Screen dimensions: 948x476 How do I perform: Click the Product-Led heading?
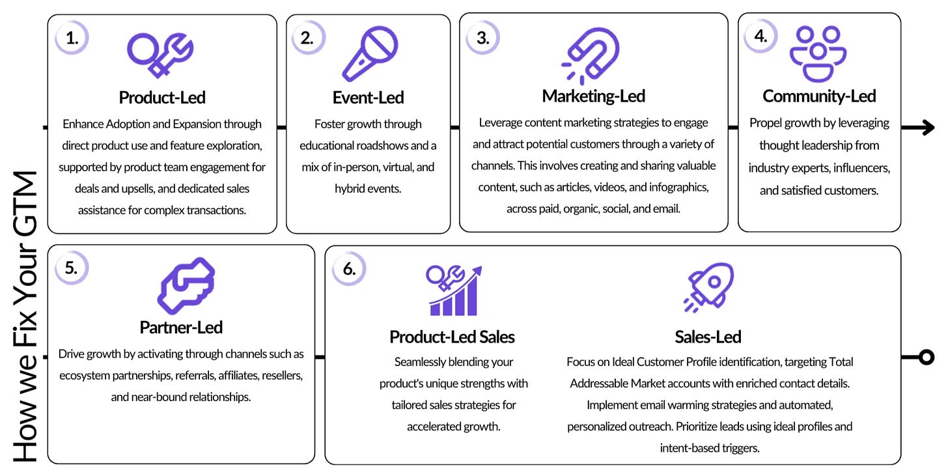tap(162, 98)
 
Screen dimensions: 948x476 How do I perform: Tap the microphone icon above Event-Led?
tap(369, 53)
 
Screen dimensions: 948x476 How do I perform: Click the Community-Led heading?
tap(819, 96)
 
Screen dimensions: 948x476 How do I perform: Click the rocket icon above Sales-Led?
tap(709, 287)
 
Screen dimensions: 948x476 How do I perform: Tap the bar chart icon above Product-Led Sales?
tap(453, 290)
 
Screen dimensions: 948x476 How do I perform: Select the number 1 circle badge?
tap(72, 38)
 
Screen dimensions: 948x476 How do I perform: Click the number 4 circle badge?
tap(760, 36)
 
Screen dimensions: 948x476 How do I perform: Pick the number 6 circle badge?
tap(349, 268)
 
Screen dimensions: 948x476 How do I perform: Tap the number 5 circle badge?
tap(72, 268)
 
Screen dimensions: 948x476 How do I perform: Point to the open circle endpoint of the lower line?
tap(926, 357)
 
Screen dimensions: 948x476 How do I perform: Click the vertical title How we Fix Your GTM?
tap(26, 316)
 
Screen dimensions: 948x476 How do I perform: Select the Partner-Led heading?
tap(181, 327)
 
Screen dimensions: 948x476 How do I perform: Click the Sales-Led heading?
tap(708, 337)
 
